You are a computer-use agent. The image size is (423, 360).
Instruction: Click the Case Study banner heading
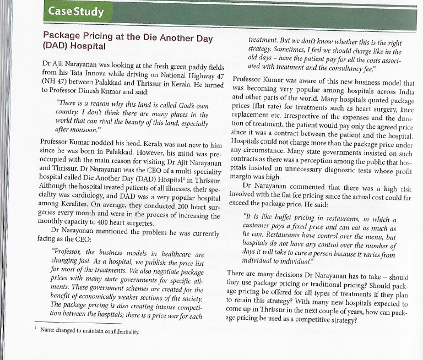click(71, 11)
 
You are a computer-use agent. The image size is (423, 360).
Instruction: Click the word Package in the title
click(63, 37)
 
